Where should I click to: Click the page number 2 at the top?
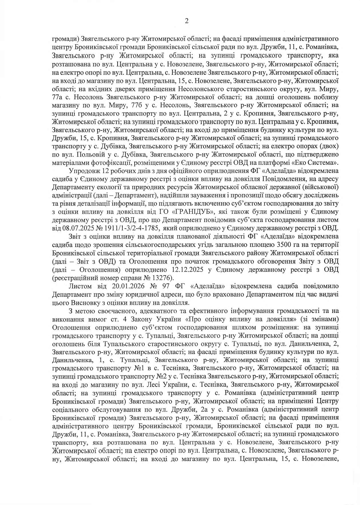coord(187,21)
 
